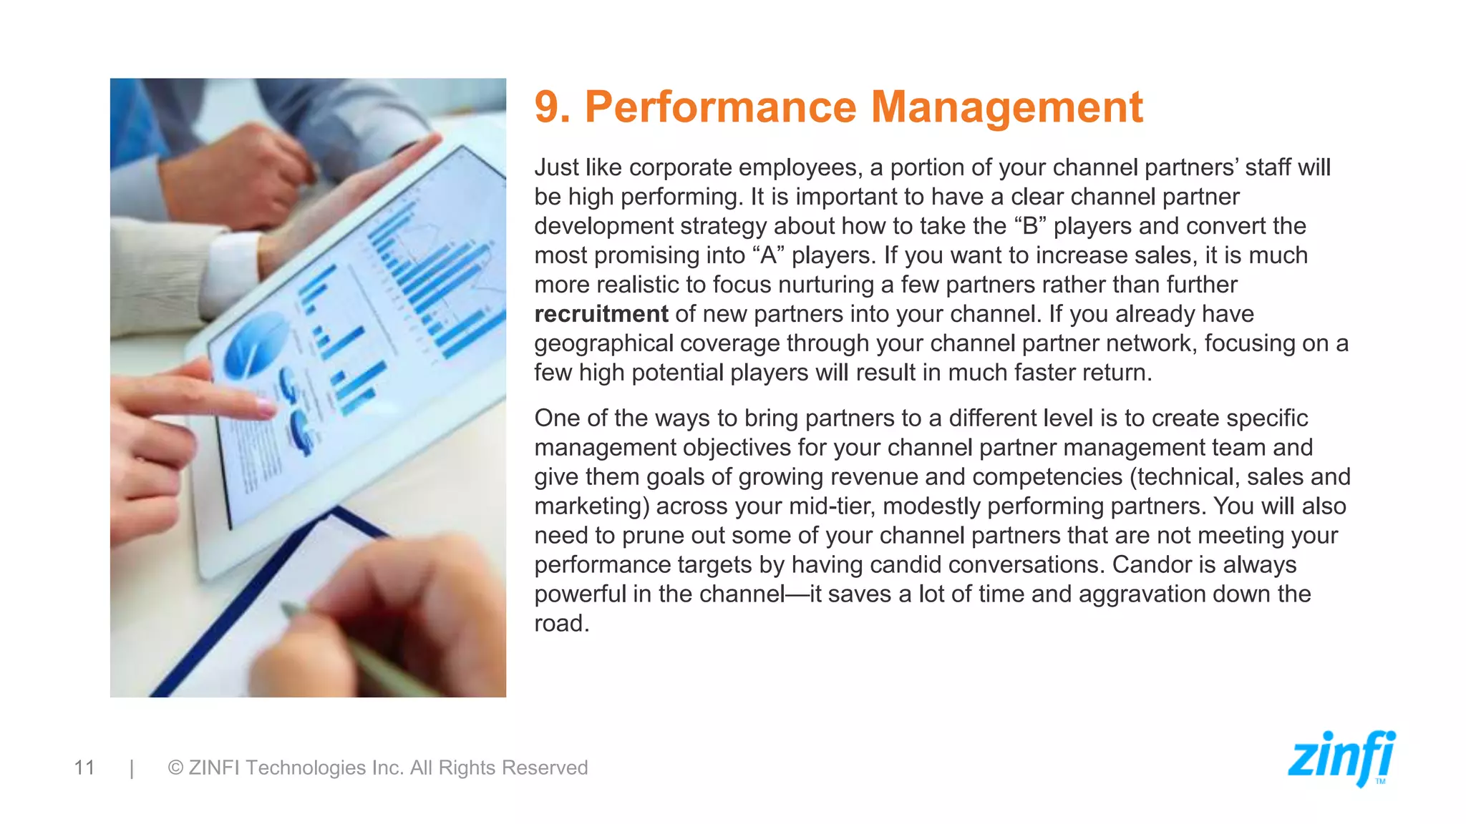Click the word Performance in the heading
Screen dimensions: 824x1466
point(720,107)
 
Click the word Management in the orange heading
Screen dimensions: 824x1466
point(1006,107)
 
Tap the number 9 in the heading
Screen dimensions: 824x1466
point(548,107)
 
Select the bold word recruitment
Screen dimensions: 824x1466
point(601,314)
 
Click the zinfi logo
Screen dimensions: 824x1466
point(1341,758)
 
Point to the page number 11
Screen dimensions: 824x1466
point(84,767)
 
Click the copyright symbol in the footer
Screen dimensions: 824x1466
point(175,767)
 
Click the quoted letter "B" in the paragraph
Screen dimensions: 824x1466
point(1031,226)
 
